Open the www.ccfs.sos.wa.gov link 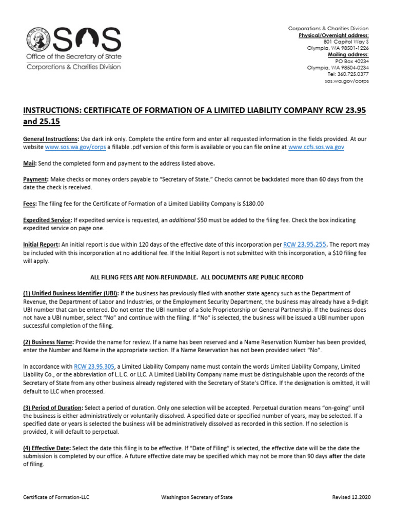[316, 147]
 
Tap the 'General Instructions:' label [51, 139]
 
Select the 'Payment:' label [35, 179]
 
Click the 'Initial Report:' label [42, 245]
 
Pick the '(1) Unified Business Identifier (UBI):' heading [71, 293]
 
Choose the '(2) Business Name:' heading [49, 342]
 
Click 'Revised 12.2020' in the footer [351, 497]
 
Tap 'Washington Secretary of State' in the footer [196, 497]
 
